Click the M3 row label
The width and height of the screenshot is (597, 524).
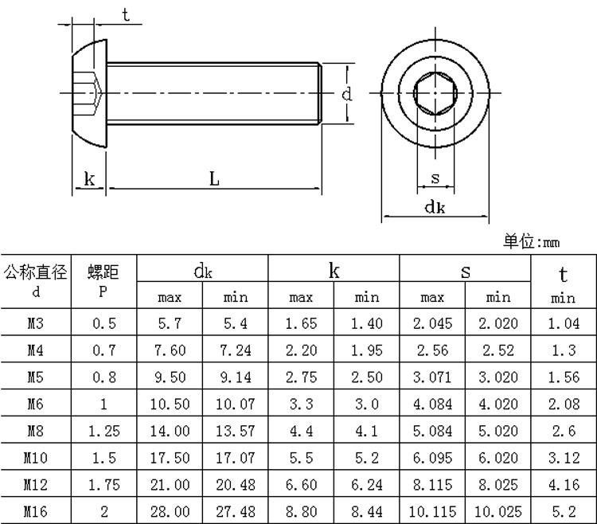point(35,323)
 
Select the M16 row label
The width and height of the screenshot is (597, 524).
point(35,511)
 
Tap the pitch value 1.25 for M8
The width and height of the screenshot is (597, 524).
point(104,431)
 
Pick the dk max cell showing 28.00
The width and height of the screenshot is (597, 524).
point(170,511)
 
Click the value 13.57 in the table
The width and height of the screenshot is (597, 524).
point(236,431)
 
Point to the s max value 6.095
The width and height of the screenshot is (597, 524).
point(432,458)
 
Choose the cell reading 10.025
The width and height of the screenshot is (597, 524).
point(498,511)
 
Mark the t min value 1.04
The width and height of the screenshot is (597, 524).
point(564,323)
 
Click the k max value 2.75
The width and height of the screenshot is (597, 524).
point(301,377)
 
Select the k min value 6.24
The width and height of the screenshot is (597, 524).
point(367,485)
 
